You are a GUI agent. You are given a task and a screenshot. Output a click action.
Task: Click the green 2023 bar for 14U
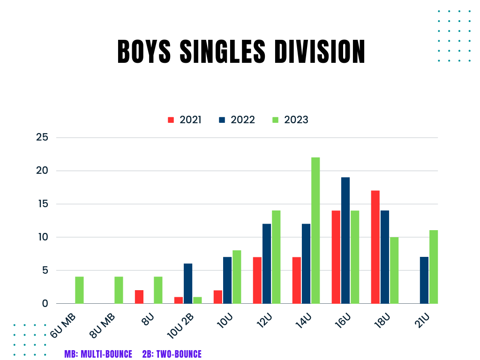coord(315,230)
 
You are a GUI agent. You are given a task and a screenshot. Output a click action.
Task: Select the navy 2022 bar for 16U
coord(345,240)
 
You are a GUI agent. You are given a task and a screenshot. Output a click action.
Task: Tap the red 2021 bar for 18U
coord(375,247)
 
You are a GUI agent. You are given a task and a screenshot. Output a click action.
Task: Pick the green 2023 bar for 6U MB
coord(79,290)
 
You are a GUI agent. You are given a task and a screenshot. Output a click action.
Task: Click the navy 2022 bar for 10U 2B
coord(188,284)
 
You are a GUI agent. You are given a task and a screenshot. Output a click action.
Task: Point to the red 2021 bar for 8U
coord(139,297)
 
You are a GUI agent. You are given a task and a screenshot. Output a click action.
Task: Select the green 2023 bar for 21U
coord(434,267)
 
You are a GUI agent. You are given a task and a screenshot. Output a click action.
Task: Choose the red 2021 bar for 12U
coord(257,280)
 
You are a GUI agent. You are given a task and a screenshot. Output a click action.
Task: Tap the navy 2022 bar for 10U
coord(227,280)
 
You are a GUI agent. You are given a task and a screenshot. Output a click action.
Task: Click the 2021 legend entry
coord(185,120)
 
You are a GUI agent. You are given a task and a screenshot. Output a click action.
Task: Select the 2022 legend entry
coord(237,120)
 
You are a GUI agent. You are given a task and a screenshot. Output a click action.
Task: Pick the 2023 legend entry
coord(291,120)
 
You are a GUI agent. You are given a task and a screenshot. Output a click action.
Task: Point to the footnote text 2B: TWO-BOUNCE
coord(172,354)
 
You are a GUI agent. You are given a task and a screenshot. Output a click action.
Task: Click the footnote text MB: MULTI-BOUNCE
coord(98,354)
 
